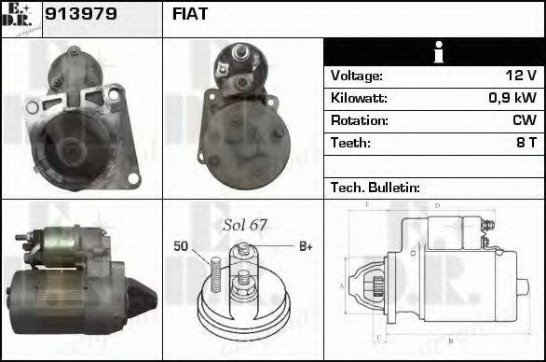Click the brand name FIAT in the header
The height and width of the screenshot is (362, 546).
click(x=190, y=15)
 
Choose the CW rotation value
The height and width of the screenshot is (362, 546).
click(x=524, y=121)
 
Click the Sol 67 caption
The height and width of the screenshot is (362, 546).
click(x=245, y=225)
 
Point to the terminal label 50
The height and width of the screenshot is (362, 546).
click(x=181, y=246)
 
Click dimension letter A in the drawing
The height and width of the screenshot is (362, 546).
click(x=341, y=285)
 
